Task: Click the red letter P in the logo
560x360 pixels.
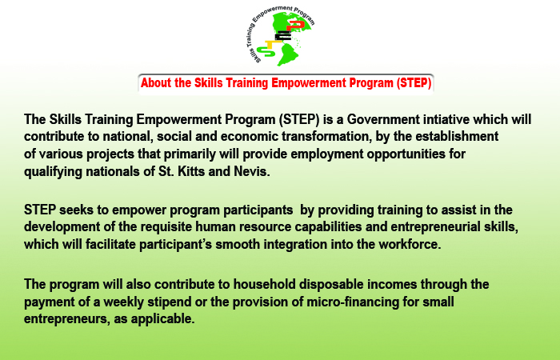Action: [296, 25]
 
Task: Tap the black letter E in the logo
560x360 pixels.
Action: [283, 36]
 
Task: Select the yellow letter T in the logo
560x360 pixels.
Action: [274, 45]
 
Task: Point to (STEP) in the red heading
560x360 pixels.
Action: [414, 83]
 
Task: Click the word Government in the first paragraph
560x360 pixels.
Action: [383, 119]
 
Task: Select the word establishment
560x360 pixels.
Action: [457, 137]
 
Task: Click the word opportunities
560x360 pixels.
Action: [406, 154]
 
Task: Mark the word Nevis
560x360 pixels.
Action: [252, 171]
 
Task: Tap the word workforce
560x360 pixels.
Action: [410, 244]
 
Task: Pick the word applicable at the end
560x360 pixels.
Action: [162, 318]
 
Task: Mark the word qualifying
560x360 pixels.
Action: [54, 172]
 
